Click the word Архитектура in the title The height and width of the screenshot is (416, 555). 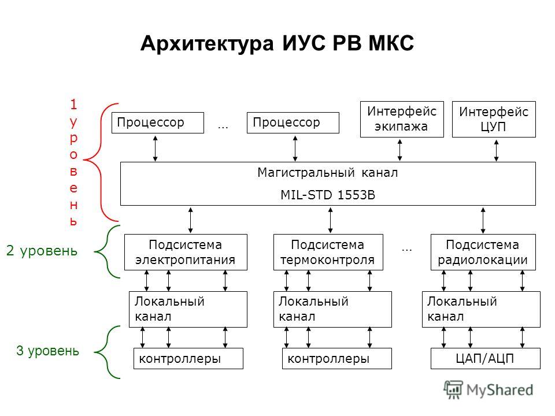pos(207,44)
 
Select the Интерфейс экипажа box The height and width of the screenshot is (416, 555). pos(402,119)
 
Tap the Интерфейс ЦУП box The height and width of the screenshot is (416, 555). pos(494,119)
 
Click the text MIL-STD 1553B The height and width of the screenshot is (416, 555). pos(328,195)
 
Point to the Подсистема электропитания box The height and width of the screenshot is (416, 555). pos(186,252)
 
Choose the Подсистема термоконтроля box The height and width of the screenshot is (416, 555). pos(328,252)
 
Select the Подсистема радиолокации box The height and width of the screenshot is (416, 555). pos(483,252)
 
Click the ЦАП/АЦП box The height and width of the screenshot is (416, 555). pos(485,359)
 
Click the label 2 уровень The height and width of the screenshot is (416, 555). pos(42,251)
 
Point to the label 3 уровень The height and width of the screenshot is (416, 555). pos(47,351)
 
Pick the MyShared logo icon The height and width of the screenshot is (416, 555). pos(453,389)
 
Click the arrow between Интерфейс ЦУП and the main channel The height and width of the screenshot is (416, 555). pos(496,150)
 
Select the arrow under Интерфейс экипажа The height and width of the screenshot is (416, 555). pos(399,150)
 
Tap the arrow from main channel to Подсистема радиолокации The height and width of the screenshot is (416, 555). pos(483,220)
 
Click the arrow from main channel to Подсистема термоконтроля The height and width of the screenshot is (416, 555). pos(330,220)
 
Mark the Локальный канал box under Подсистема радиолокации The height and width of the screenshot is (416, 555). pos(481,309)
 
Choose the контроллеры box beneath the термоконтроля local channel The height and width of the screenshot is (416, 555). pos(337,359)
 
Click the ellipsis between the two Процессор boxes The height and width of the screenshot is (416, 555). pos(223,127)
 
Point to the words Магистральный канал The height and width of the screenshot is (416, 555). pos(328,173)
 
